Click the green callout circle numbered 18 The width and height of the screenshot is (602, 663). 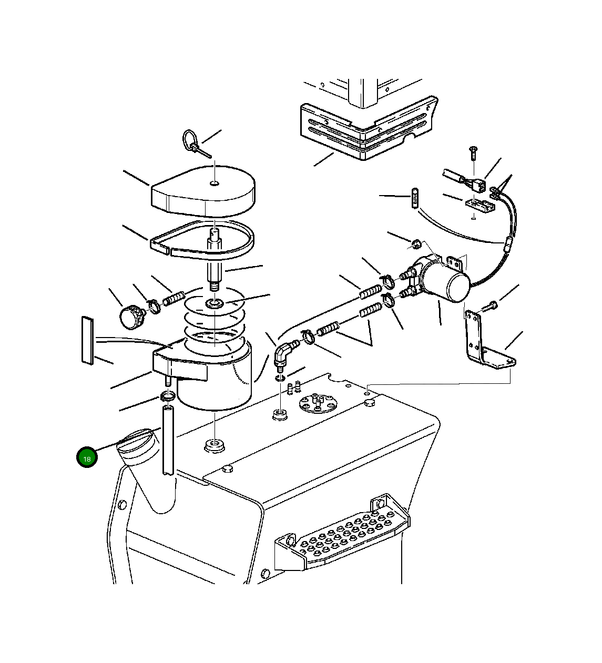[x=87, y=457]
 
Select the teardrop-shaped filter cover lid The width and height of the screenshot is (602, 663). [x=202, y=190]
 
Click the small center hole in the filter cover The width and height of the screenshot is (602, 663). [x=215, y=183]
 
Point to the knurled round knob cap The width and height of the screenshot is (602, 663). [x=132, y=316]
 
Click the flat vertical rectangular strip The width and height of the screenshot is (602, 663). [x=87, y=341]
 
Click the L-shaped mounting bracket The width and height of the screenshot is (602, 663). [x=487, y=342]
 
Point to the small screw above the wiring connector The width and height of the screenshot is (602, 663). [x=473, y=152]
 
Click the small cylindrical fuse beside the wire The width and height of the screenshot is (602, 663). [x=414, y=198]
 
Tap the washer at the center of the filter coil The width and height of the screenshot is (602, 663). [x=215, y=303]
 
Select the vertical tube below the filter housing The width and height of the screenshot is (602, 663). [x=168, y=441]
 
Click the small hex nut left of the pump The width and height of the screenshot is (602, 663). [x=416, y=244]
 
